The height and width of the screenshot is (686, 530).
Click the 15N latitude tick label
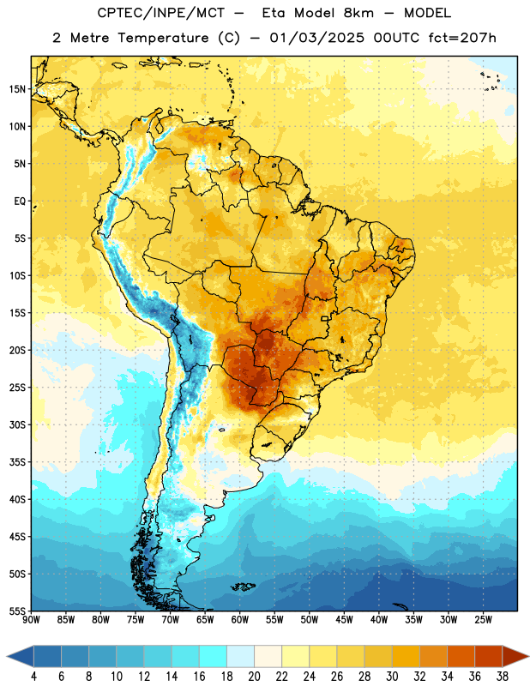tap(17, 89)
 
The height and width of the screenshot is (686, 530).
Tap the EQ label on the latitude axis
tap(20, 202)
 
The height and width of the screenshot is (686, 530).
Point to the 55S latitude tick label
tap(17, 611)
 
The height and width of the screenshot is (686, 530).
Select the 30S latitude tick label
tap(17, 424)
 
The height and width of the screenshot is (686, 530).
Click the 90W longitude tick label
tap(31, 620)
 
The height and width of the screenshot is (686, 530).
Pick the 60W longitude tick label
tap(240, 620)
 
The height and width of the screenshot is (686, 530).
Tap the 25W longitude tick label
tap(483, 620)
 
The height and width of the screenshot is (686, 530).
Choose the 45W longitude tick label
tap(344, 620)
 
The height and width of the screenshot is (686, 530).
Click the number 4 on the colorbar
tap(33, 677)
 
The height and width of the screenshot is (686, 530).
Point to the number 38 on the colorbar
tap(502, 677)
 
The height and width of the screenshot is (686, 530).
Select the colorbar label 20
tap(254, 677)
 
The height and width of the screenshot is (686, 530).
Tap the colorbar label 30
tap(392, 677)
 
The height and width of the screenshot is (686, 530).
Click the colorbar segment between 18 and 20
tap(240, 656)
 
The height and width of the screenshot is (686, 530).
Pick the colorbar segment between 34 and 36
tap(461, 656)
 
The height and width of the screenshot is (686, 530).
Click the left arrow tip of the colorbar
tap(7, 656)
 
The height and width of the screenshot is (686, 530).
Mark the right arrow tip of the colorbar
tap(529, 656)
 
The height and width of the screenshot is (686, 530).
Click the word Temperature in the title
tap(163, 38)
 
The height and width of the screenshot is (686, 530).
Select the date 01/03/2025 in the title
tap(316, 38)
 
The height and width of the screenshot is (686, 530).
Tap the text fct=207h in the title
tap(462, 38)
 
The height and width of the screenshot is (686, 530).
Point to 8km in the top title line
tap(358, 13)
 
